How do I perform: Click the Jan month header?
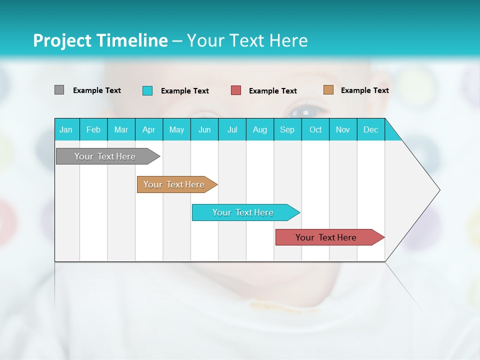[66, 129]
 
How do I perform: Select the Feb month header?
[93, 129]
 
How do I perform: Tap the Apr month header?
[148, 129]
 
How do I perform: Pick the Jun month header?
[204, 129]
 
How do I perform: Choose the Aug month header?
[260, 129]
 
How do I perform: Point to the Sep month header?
[287, 129]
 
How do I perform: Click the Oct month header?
[315, 129]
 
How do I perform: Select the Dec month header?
[371, 129]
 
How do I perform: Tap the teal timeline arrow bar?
[243, 212]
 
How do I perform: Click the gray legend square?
[59, 90]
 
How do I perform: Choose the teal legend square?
[147, 90]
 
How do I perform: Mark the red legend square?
[236, 90]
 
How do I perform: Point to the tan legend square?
[328, 90]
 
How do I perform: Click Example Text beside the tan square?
[364, 90]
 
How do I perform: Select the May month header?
[176, 129]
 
